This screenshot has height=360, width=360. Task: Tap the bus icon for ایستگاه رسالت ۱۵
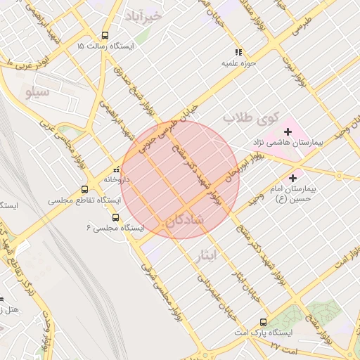[x=105, y=36]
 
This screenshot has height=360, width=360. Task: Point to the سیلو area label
[x=37, y=91]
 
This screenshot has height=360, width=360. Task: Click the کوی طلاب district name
[x=251, y=117]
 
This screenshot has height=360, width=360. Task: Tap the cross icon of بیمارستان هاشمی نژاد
[x=288, y=131]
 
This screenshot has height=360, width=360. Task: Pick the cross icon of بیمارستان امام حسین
[x=293, y=178]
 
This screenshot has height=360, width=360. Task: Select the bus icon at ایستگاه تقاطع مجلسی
[x=85, y=189]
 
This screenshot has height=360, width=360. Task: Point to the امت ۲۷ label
[x=285, y=347]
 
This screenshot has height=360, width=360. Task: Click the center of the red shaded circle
[x=180, y=179]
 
